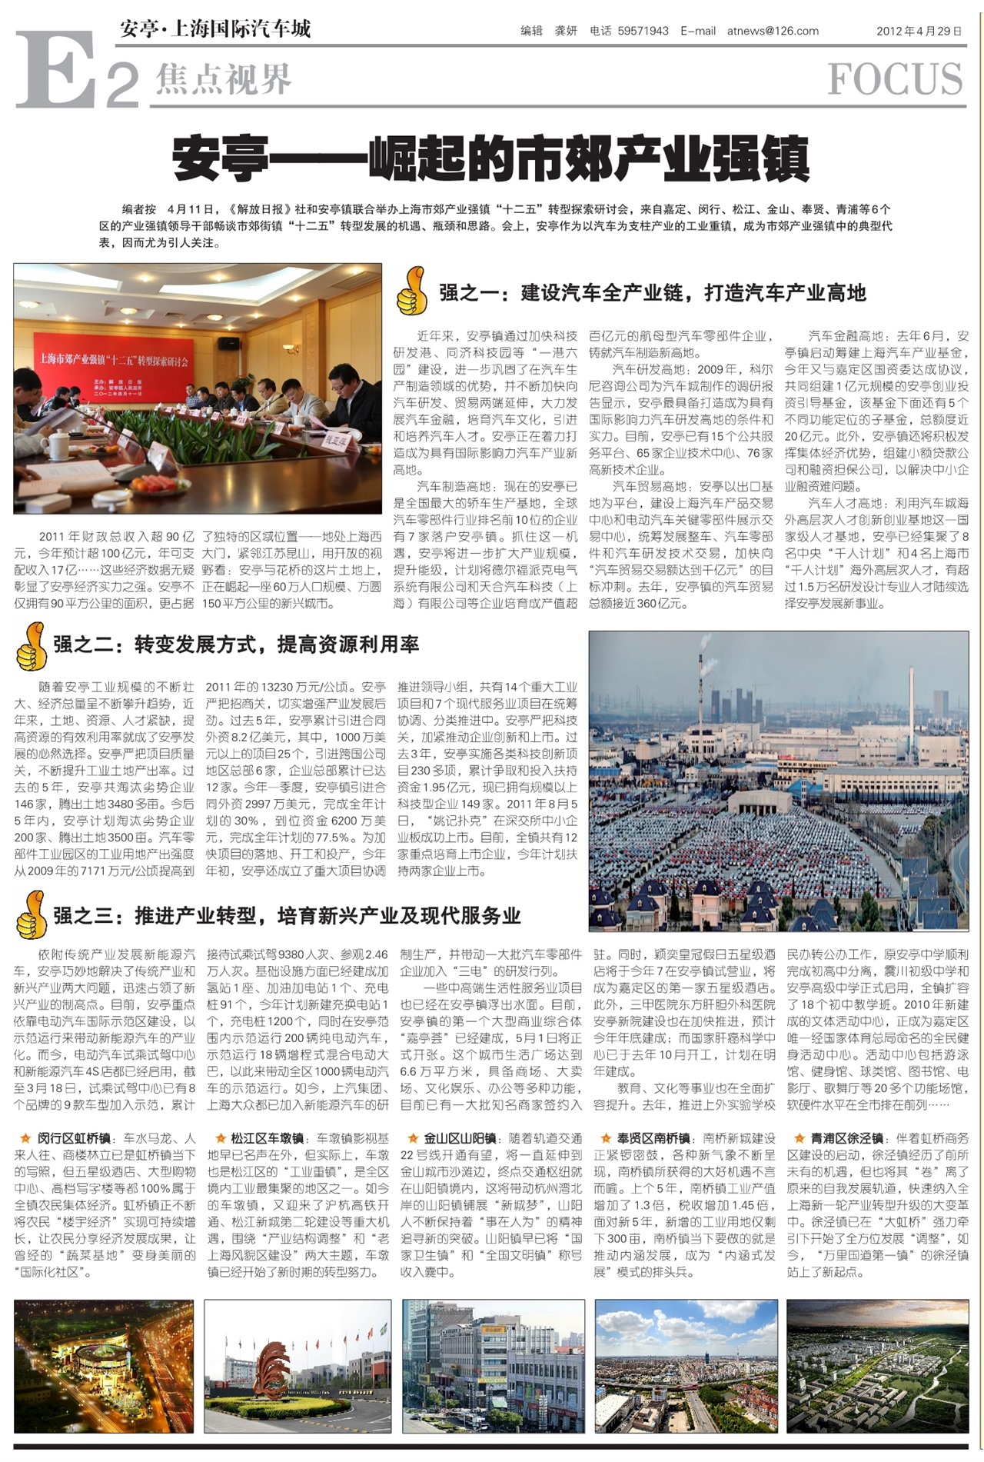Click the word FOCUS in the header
pos(895,79)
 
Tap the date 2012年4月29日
pos(919,32)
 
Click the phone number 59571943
pos(643,32)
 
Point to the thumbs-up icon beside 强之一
pos(411,291)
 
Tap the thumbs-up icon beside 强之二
pos(32,644)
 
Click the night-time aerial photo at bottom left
pos(104,1366)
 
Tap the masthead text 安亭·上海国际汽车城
pos(215,29)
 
